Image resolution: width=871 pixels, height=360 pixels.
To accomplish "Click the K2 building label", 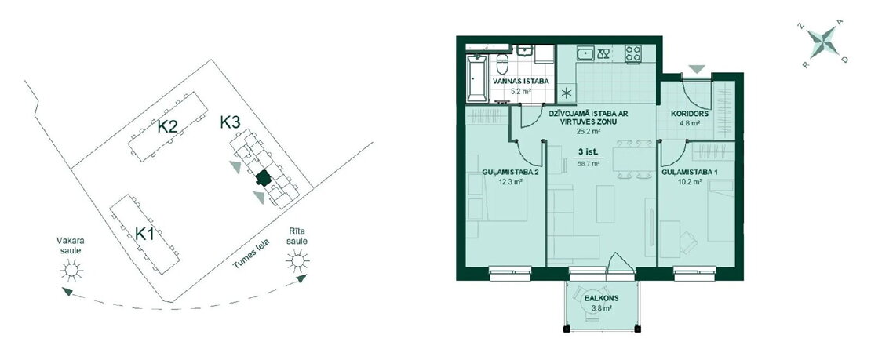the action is click(x=167, y=127).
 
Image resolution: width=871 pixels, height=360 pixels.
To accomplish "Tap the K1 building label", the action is click(x=144, y=234).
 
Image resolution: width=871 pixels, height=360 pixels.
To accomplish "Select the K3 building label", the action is click(x=230, y=122).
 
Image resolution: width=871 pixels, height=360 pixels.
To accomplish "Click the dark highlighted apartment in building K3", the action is click(x=263, y=178).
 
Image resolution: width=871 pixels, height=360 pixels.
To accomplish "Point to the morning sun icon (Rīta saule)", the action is click(x=297, y=260).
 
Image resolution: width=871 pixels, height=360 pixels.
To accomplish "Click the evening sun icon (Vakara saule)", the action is click(x=71, y=270).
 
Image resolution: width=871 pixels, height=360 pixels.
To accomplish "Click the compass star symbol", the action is click(x=822, y=43).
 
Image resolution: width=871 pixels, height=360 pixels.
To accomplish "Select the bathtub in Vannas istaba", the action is click(x=477, y=79).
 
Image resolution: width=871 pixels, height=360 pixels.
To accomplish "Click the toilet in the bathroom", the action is click(x=502, y=64).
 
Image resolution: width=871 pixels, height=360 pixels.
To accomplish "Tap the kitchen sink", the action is click(x=585, y=53).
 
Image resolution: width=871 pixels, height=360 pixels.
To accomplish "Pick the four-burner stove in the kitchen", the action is click(x=633, y=53).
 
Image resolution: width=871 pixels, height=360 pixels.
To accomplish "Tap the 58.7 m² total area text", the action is click(x=589, y=164).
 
